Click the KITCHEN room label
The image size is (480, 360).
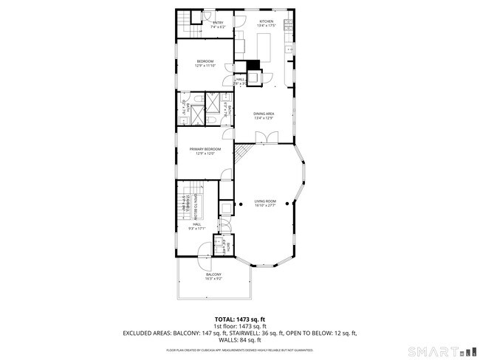(x=266, y=22)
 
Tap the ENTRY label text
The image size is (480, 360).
(x=218, y=23)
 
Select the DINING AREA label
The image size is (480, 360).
(x=264, y=113)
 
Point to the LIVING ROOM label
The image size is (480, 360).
(x=265, y=201)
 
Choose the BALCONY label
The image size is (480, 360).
(x=213, y=274)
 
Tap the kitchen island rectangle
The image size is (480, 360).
(x=264, y=46)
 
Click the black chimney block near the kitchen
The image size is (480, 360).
(x=253, y=64)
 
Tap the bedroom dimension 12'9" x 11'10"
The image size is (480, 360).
(x=205, y=66)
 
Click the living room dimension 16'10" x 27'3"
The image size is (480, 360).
(x=265, y=205)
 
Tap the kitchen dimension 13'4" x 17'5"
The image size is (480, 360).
(x=266, y=27)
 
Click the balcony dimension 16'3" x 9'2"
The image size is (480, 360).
(x=213, y=279)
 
